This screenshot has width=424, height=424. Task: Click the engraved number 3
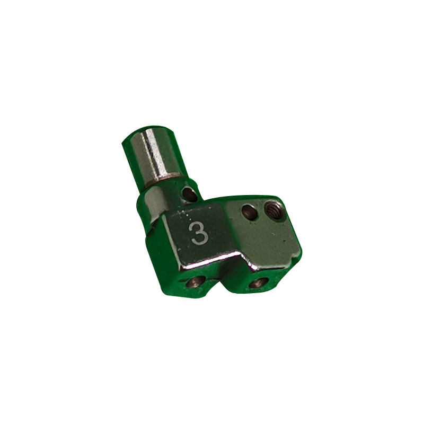pos(200,233)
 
